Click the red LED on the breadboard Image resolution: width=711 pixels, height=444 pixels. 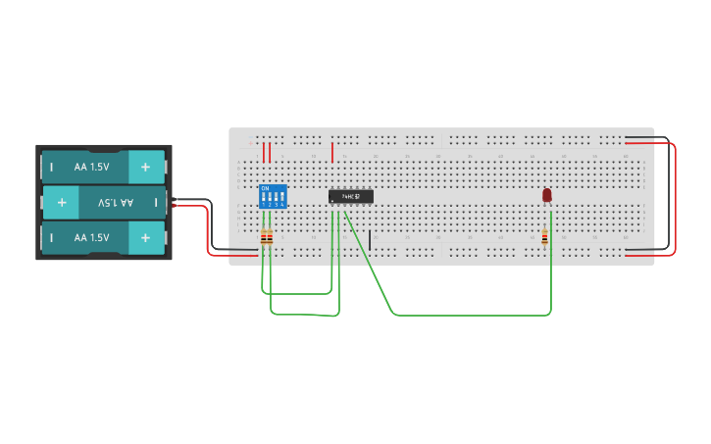click(x=547, y=196)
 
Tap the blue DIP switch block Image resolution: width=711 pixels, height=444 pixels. click(x=273, y=196)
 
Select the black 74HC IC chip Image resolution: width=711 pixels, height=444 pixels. click(x=350, y=196)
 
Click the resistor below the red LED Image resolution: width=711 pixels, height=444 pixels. click(x=544, y=236)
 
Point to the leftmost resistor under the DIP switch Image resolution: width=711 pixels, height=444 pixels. click(x=263, y=236)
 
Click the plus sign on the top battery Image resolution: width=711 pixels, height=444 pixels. click(x=145, y=167)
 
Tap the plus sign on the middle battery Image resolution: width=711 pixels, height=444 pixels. click(x=62, y=202)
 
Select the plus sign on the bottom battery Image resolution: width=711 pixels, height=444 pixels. click(x=145, y=237)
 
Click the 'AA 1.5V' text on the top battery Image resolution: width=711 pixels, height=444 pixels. click(x=91, y=167)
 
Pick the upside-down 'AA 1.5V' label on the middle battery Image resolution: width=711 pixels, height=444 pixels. click(x=114, y=202)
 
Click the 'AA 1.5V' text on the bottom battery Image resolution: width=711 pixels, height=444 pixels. click(x=91, y=237)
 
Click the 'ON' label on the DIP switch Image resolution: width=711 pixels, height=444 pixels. click(x=265, y=188)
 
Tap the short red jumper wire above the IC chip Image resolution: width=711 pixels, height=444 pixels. click(x=333, y=152)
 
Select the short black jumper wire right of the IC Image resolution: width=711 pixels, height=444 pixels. click(x=370, y=239)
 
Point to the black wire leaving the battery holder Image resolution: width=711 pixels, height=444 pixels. click(x=196, y=201)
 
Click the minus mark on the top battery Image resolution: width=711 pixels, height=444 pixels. click(x=52, y=167)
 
